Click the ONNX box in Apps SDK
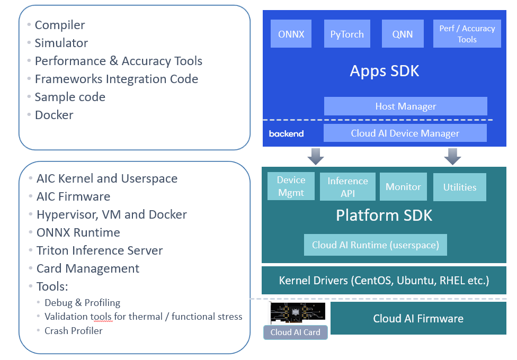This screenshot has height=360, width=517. [x=291, y=34]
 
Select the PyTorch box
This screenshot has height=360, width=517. [x=347, y=34]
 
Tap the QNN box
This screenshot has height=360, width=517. [x=403, y=34]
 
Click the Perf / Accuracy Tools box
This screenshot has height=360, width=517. [x=467, y=34]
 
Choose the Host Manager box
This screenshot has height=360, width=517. [x=405, y=106]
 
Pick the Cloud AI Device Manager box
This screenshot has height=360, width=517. [x=405, y=133]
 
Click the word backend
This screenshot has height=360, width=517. [x=286, y=134]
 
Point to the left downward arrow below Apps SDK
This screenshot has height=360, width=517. [x=316, y=156]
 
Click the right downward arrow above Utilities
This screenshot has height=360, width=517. [x=452, y=156]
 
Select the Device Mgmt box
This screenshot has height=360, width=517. [x=291, y=186]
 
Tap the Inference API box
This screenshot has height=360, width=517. [x=347, y=187]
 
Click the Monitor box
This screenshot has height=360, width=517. [x=403, y=187]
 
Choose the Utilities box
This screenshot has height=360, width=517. [x=459, y=187]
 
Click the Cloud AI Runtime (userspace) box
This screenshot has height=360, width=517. [x=375, y=245]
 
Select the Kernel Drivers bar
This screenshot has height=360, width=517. [x=384, y=281]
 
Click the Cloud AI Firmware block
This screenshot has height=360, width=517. [x=418, y=318]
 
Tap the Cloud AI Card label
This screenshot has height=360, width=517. [x=295, y=332]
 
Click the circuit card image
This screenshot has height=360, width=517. [x=297, y=313]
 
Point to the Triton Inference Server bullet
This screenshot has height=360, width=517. [x=100, y=250]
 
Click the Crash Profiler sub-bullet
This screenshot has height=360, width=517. [x=74, y=331]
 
